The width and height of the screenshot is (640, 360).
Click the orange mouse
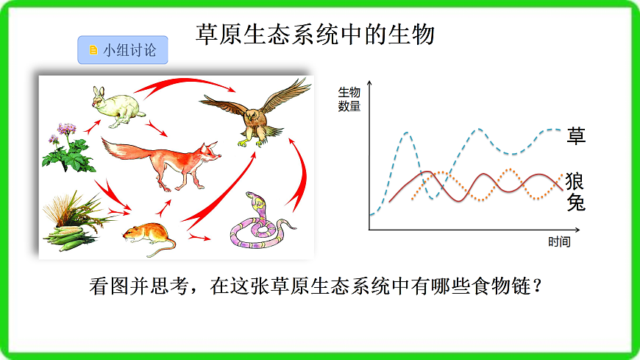coord(147,234)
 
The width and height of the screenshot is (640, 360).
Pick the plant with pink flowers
coord(68,148)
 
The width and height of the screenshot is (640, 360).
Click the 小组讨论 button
coord(122,50)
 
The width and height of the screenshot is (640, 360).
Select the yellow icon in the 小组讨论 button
coord(93,50)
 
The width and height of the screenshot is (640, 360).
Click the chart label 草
coord(577,135)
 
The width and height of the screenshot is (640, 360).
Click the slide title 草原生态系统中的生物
coord(316,33)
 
